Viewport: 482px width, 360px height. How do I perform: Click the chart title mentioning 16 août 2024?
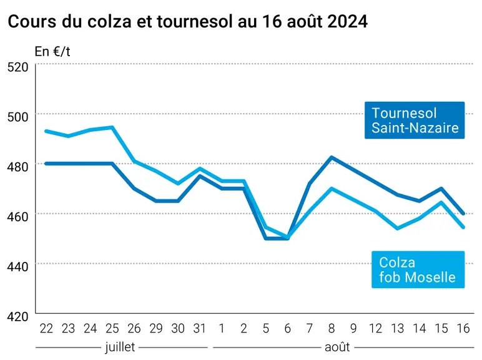(187, 21)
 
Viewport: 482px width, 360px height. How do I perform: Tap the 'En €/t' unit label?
(52, 51)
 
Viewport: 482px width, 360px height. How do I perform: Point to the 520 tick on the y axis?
(18, 67)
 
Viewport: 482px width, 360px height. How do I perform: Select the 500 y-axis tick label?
(18, 117)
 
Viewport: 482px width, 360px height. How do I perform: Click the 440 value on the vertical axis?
(18, 266)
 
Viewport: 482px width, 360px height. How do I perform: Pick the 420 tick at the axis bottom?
(18, 316)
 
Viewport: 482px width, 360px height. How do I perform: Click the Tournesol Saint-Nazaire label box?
(415, 120)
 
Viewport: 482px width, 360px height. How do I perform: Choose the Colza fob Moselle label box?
(418, 270)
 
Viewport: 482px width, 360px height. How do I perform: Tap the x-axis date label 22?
(46, 329)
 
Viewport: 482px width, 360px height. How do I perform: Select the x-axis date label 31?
(200, 329)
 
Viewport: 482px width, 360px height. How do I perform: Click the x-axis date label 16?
(463, 329)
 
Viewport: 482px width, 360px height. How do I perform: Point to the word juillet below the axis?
(120, 347)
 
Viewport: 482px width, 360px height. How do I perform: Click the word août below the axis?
(337, 347)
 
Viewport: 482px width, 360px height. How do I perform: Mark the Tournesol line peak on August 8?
(332, 157)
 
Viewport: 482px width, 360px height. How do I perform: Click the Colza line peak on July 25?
(112, 127)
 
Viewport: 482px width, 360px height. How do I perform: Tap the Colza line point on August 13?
(398, 228)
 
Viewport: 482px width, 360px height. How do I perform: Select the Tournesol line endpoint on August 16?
(463, 214)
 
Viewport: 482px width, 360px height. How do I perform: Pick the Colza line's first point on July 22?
(46, 131)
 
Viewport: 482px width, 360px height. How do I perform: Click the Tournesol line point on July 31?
(200, 176)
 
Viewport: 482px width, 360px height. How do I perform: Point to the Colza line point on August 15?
(441, 202)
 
